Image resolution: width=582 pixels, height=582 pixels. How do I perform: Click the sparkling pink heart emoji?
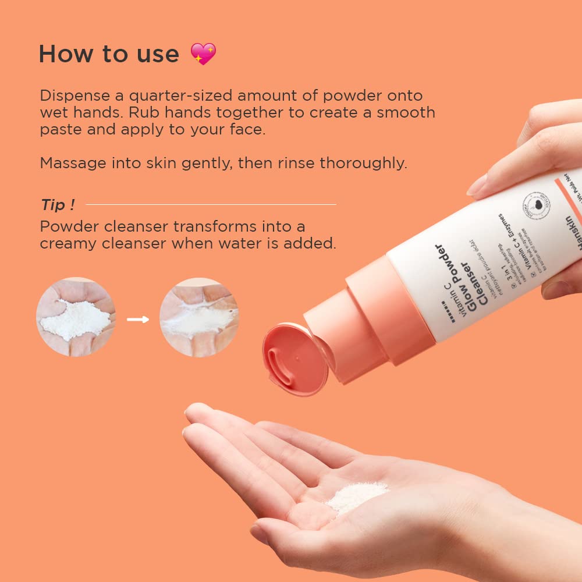click(x=203, y=54)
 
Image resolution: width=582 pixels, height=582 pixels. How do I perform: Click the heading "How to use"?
click(x=109, y=54)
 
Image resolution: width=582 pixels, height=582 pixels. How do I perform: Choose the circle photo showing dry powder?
click(x=76, y=317)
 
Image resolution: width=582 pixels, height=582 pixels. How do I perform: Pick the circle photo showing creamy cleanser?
click(x=199, y=317)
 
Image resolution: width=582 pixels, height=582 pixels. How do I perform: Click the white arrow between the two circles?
click(x=138, y=319)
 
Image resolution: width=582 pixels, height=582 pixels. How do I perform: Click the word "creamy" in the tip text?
click(x=68, y=243)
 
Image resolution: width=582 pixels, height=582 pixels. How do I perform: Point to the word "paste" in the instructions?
click(x=60, y=129)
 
